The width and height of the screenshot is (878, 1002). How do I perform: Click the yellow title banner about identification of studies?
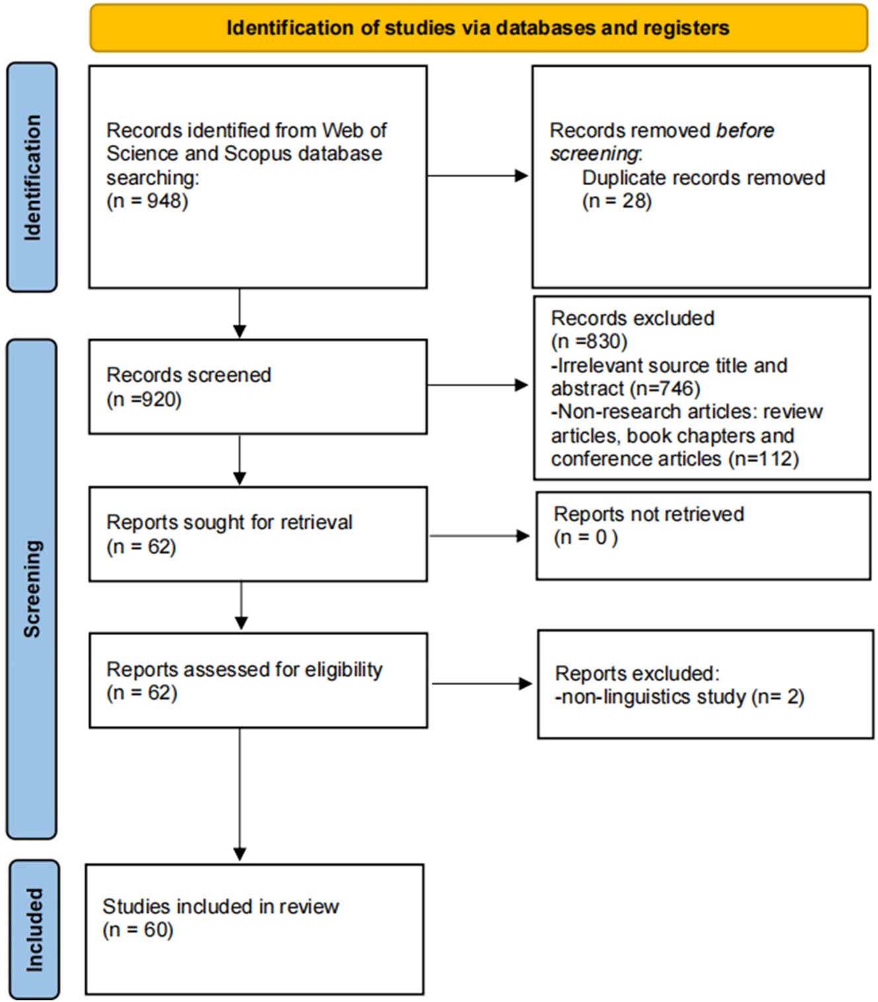[478, 28]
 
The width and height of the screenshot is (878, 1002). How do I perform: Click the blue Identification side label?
[32, 177]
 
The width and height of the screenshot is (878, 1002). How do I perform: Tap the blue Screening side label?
[32, 589]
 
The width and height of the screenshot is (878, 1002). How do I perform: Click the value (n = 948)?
[147, 201]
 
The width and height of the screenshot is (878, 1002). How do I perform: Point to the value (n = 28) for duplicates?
[617, 201]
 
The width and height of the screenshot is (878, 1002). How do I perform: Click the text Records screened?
[189, 375]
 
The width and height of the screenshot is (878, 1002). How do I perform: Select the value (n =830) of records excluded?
[589, 342]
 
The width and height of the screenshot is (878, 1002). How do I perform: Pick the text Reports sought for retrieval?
[229, 522]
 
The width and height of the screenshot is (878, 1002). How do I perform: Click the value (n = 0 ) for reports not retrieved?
[586, 538]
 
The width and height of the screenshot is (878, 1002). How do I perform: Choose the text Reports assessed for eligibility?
[245, 669]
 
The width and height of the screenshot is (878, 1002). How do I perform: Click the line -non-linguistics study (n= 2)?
[680, 697]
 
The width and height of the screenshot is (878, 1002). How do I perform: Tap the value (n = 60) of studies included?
[138, 930]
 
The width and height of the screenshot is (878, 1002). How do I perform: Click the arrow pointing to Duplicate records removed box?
[477, 176]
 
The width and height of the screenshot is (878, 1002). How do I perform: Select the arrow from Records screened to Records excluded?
[477, 385]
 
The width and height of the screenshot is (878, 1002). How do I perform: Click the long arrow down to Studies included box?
[240, 794]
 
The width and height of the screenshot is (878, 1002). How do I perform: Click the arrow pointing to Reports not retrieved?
[479, 536]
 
